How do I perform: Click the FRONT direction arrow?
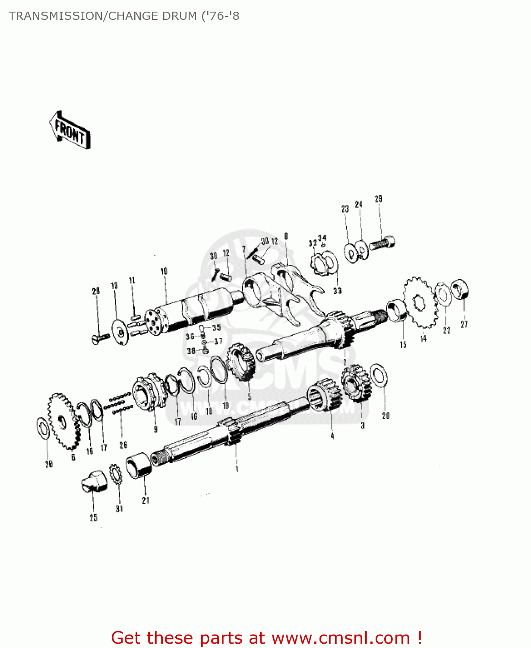point(70,130)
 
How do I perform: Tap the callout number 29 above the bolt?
point(379,199)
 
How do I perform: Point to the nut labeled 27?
point(460,289)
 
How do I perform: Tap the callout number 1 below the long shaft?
point(237,469)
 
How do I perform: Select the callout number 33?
point(337,291)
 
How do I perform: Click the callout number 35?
point(216,327)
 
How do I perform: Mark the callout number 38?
point(191,351)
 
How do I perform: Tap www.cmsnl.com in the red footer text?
point(341,638)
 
